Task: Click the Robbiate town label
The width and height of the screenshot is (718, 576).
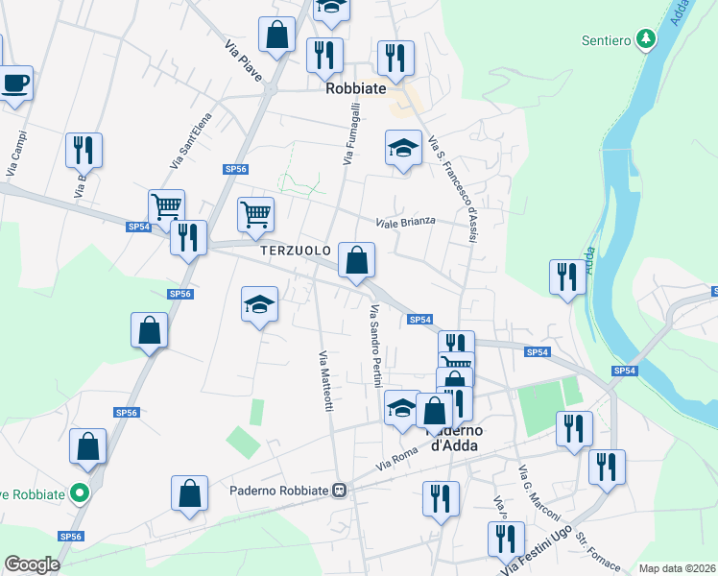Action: pyautogui.click(x=355, y=87)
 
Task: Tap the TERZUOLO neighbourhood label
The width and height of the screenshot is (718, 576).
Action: pyautogui.click(x=295, y=250)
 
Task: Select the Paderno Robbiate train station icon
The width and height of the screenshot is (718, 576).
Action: pyautogui.click(x=338, y=491)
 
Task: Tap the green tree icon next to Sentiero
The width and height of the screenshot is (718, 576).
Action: pyautogui.click(x=647, y=39)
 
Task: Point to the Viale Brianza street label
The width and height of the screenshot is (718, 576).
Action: pyautogui.click(x=405, y=221)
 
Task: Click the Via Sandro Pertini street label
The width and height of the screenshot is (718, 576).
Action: pyautogui.click(x=375, y=346)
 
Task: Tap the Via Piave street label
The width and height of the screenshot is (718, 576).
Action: pyautogui.click(x=244, y=60)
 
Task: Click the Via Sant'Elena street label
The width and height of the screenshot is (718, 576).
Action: pyautogui.click(x=190, y=141)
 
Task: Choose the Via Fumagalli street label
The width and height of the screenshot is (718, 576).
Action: pyautogui.click(x=350, y=135)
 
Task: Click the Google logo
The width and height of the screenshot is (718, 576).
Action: pyautogui.click(x=32, y=564)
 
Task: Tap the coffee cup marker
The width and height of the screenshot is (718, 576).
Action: pyautogui.click(x=14, y=84)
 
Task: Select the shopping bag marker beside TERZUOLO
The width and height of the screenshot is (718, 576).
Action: pyautogui.click(x=356, y=259)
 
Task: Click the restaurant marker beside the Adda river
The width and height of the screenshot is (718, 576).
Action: pyautogui.click(x=568, y=276)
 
